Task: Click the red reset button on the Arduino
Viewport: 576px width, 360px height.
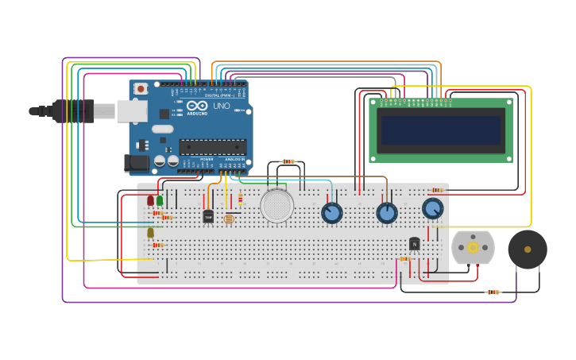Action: (141, 89)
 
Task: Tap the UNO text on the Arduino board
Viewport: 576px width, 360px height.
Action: (221, 106)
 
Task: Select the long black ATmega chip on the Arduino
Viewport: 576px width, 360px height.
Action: (212, 146)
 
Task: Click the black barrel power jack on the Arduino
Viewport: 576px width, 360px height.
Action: (137, 163)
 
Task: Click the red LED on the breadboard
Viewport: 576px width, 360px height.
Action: (150, 200)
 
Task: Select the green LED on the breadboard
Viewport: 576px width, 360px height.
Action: (160, 200)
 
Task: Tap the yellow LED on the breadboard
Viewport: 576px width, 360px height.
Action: (150, 232)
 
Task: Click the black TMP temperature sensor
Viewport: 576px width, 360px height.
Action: (208, 215)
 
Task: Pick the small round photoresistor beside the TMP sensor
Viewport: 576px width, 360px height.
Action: (229, 219)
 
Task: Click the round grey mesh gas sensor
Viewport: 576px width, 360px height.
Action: (276, 206)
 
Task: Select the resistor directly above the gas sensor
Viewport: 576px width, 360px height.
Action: (288, 161)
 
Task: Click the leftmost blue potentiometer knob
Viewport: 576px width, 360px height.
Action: (332, 213)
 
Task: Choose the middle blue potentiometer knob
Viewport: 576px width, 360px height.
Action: (387, 213)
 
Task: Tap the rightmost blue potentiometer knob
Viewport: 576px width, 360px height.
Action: (432, 208)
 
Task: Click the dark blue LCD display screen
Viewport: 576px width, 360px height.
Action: (441, 130)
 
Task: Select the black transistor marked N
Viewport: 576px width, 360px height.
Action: (414, 244)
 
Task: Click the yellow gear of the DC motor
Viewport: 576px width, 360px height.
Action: (473, 247)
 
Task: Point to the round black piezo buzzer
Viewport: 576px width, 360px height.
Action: (528, 250)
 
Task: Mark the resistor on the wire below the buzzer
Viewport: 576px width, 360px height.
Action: (493, 292)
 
